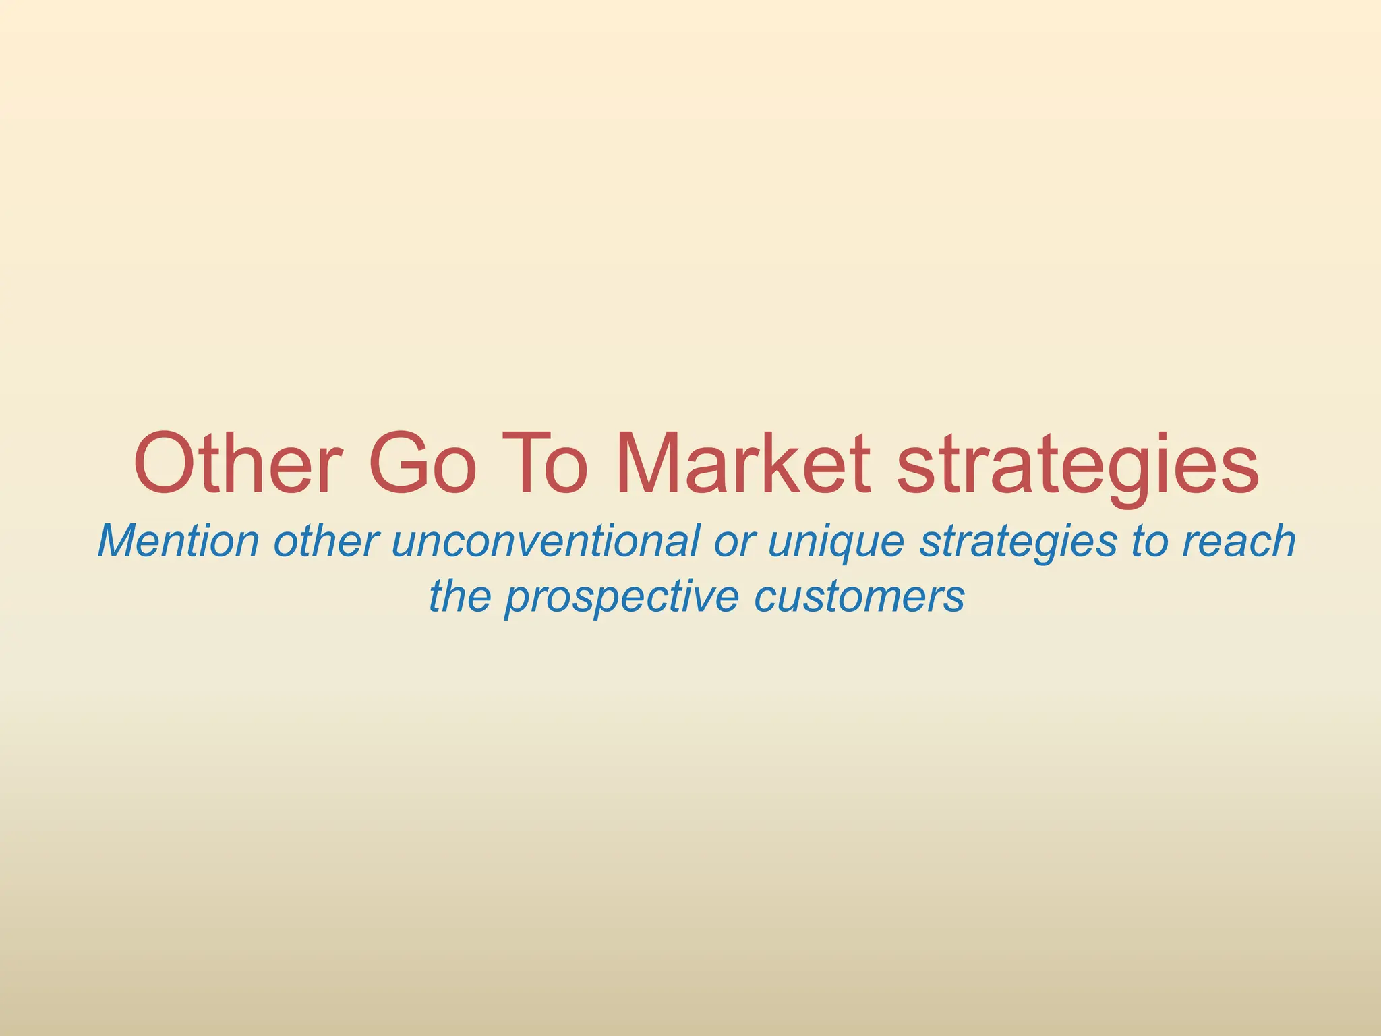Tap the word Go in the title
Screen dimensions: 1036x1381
423,465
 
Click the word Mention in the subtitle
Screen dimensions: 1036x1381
179,541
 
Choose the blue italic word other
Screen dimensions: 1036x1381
326,541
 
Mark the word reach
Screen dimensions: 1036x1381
1239,541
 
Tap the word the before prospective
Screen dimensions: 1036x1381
459,596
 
